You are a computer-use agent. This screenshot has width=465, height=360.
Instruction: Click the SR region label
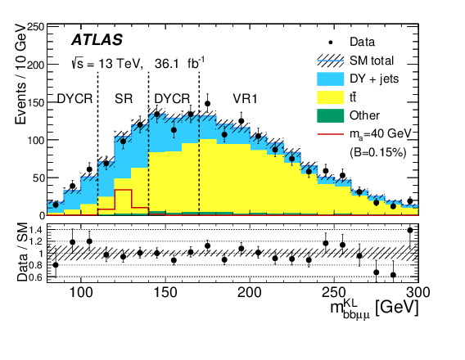click(x=123, y=98)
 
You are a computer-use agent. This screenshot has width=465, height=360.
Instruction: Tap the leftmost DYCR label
click(x=74, y=98)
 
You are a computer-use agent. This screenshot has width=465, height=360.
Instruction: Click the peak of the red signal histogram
click(x=123, y=189)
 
